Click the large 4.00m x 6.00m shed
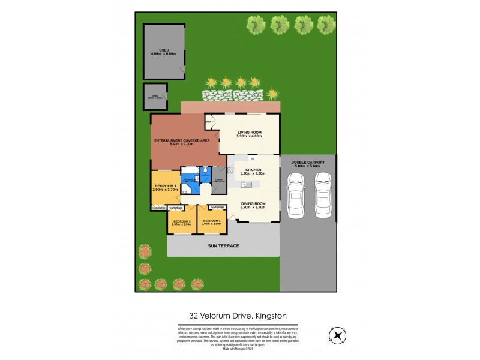click(x=164, y=52)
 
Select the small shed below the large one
click(x=155, y=97)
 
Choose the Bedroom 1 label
click(x=165, y=187)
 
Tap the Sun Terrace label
click(x=223, y=246)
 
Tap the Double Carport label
click(x=307, y=163)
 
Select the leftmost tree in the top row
click(x=256, y=25)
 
